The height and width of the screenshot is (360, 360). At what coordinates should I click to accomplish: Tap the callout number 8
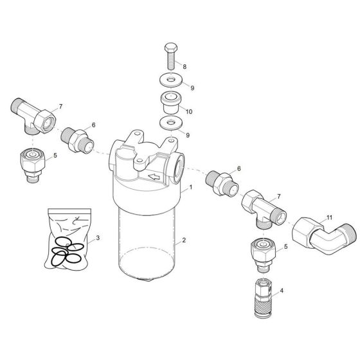point(185,66)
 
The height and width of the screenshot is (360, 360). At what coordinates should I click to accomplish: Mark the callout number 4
point(280,290)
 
